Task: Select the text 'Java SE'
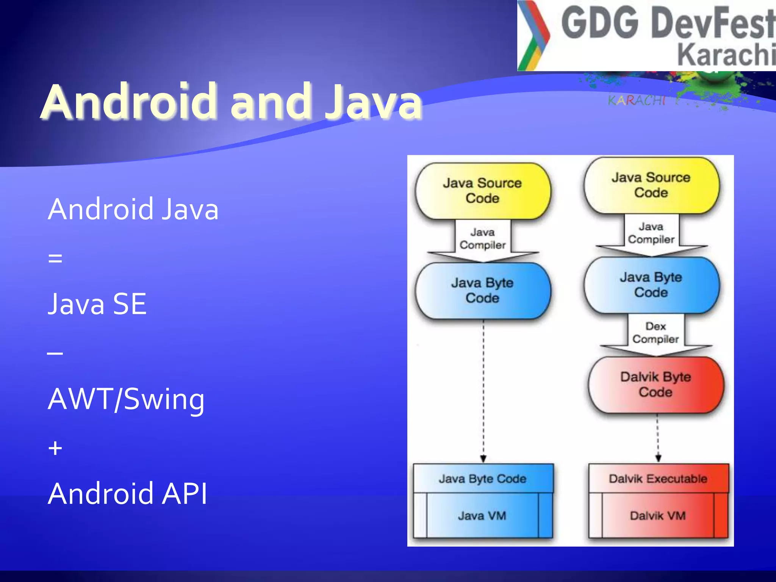pos(97,304)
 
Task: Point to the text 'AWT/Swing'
pos(126,399)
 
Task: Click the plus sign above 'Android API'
pos(55,448)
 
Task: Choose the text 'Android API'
pos(128,494)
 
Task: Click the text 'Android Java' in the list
pos(133,209)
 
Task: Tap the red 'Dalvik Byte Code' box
pos(656,385)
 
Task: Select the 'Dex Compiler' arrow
pos(656,333)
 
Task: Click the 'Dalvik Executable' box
pos(658,479)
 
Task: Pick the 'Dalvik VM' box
pos(658,515)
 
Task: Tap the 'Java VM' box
pos(482,515)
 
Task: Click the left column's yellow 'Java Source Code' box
pos(482,191)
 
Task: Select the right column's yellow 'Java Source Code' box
pos(651,185)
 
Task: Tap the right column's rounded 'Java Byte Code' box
pos(651,285)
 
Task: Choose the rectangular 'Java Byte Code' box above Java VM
pos(483,479)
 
